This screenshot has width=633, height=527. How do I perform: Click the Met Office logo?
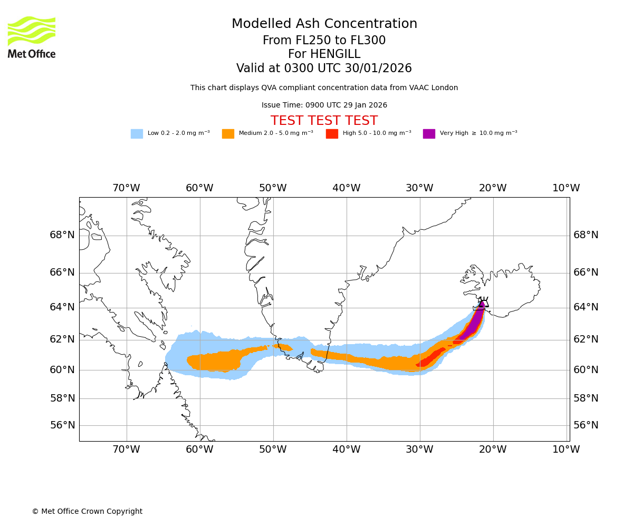[32, 37]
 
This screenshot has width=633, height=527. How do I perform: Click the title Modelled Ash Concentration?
[324, 24]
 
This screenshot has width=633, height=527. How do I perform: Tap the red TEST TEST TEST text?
[324, 121]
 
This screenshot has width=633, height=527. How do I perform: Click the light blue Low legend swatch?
[137, 133]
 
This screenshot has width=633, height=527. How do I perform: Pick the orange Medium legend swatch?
[228, 133]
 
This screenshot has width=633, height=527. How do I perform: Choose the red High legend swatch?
[332, 133]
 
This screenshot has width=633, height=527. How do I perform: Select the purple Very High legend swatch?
[429, 133]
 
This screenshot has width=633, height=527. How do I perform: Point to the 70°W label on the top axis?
[126, 188]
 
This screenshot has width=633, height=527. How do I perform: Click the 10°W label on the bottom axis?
[565, 450]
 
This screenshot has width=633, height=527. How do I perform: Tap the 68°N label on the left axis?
[62, 235]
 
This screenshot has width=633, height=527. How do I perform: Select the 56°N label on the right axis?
[586, 425]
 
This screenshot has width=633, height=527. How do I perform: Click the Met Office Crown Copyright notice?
[87, 511]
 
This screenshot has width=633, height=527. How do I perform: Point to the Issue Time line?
[324, 105]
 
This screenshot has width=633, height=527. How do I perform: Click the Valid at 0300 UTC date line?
[324, 69]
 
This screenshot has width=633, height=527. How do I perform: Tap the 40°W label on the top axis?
[346, 188]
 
